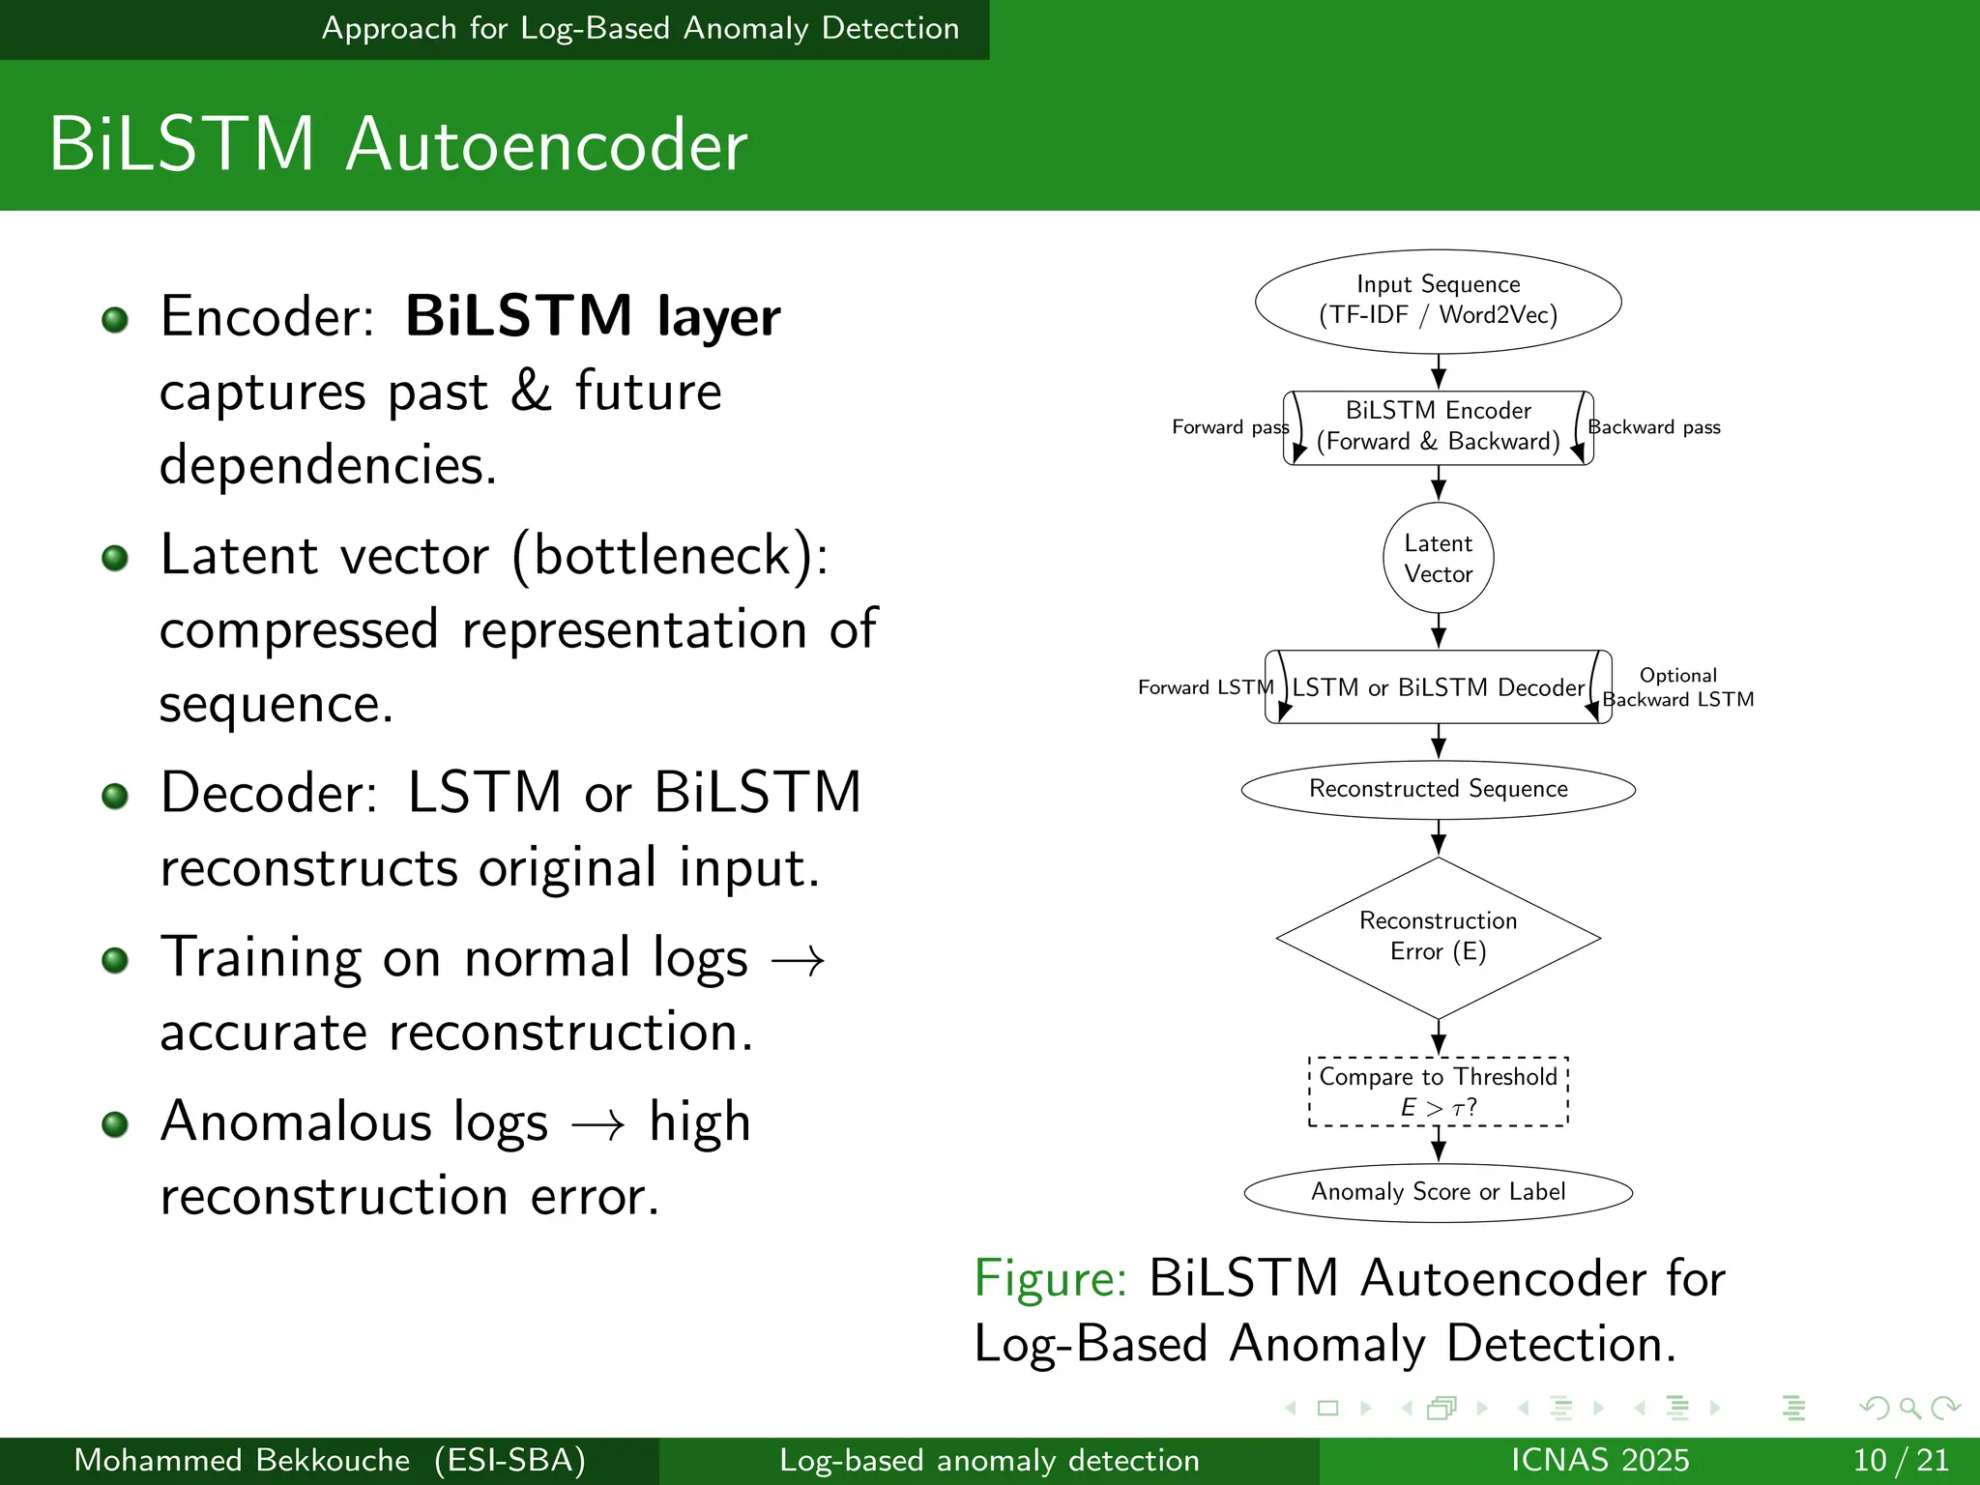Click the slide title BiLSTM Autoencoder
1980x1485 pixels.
point(398,145)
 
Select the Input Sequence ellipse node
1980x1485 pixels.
point(1438,301)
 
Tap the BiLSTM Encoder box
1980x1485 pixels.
point(1438,426)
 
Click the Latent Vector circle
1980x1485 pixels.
point(1438,558)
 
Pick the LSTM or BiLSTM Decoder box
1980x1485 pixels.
point(1438,687)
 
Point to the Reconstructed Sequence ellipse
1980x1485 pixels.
point(1438,789)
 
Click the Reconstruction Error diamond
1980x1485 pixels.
point(1438,936)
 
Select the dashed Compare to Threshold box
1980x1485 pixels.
point(1438,1092)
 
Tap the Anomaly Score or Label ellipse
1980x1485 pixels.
point(1438,1192)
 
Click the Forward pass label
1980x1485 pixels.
point(1229,427)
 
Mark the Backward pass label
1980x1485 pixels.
point(1654,427)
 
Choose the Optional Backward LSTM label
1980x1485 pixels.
point(1677,687)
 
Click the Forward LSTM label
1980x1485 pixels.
point(1205,687)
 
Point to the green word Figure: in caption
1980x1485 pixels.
point(1050,1278)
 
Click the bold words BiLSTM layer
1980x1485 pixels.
point(592,316)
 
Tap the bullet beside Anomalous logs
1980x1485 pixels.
point(115,1124)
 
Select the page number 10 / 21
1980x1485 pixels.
point(1900,1460)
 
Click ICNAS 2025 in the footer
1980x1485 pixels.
point(1599,1460)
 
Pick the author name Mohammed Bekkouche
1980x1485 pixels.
point(242,1460)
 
